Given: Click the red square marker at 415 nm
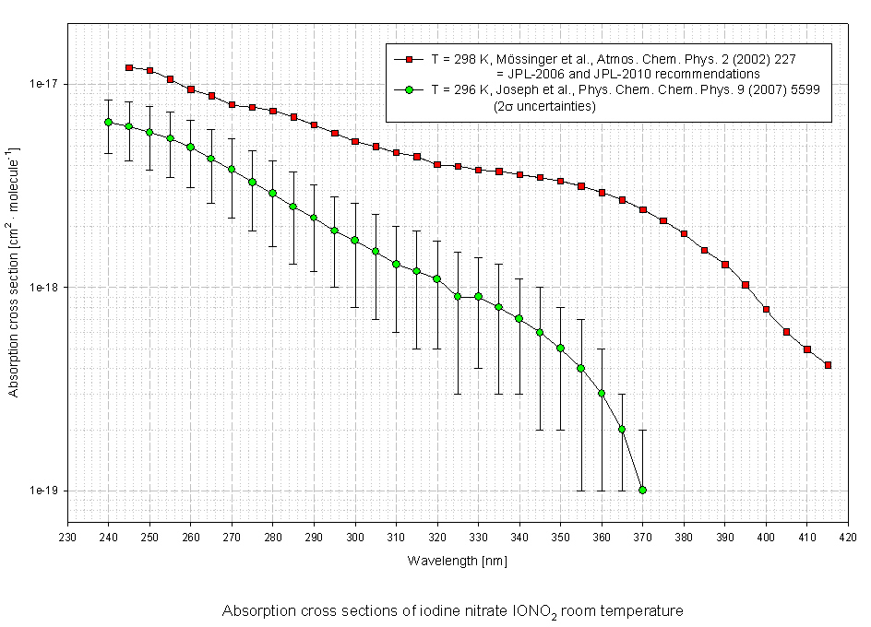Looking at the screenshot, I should tap(828, 365).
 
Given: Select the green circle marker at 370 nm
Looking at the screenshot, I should tap(642, 490).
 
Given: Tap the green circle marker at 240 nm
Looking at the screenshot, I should tap(108, 122).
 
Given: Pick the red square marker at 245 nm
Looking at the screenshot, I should tap(129, 67).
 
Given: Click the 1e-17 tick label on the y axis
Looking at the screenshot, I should tap(43, 84).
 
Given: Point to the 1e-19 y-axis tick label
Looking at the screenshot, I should tap(43, 491).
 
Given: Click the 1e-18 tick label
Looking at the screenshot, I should tap(43, 287).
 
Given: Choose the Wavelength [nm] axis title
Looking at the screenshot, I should tap(457, 561).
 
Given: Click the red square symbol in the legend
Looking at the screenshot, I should tap(406, 58).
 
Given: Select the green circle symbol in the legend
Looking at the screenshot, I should tap(406, 89).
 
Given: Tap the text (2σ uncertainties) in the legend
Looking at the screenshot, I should tap(545, 106).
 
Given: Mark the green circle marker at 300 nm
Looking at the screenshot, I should tap(354, 240).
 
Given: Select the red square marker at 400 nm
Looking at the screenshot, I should tap(766, 309).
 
